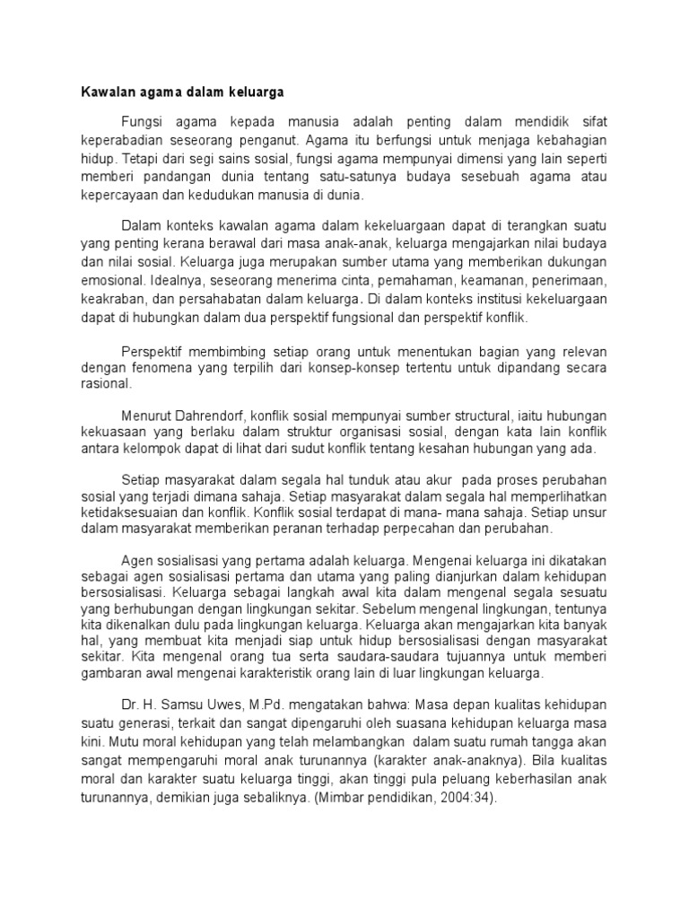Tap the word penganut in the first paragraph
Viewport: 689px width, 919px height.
268,140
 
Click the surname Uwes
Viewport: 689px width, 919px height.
224,706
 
